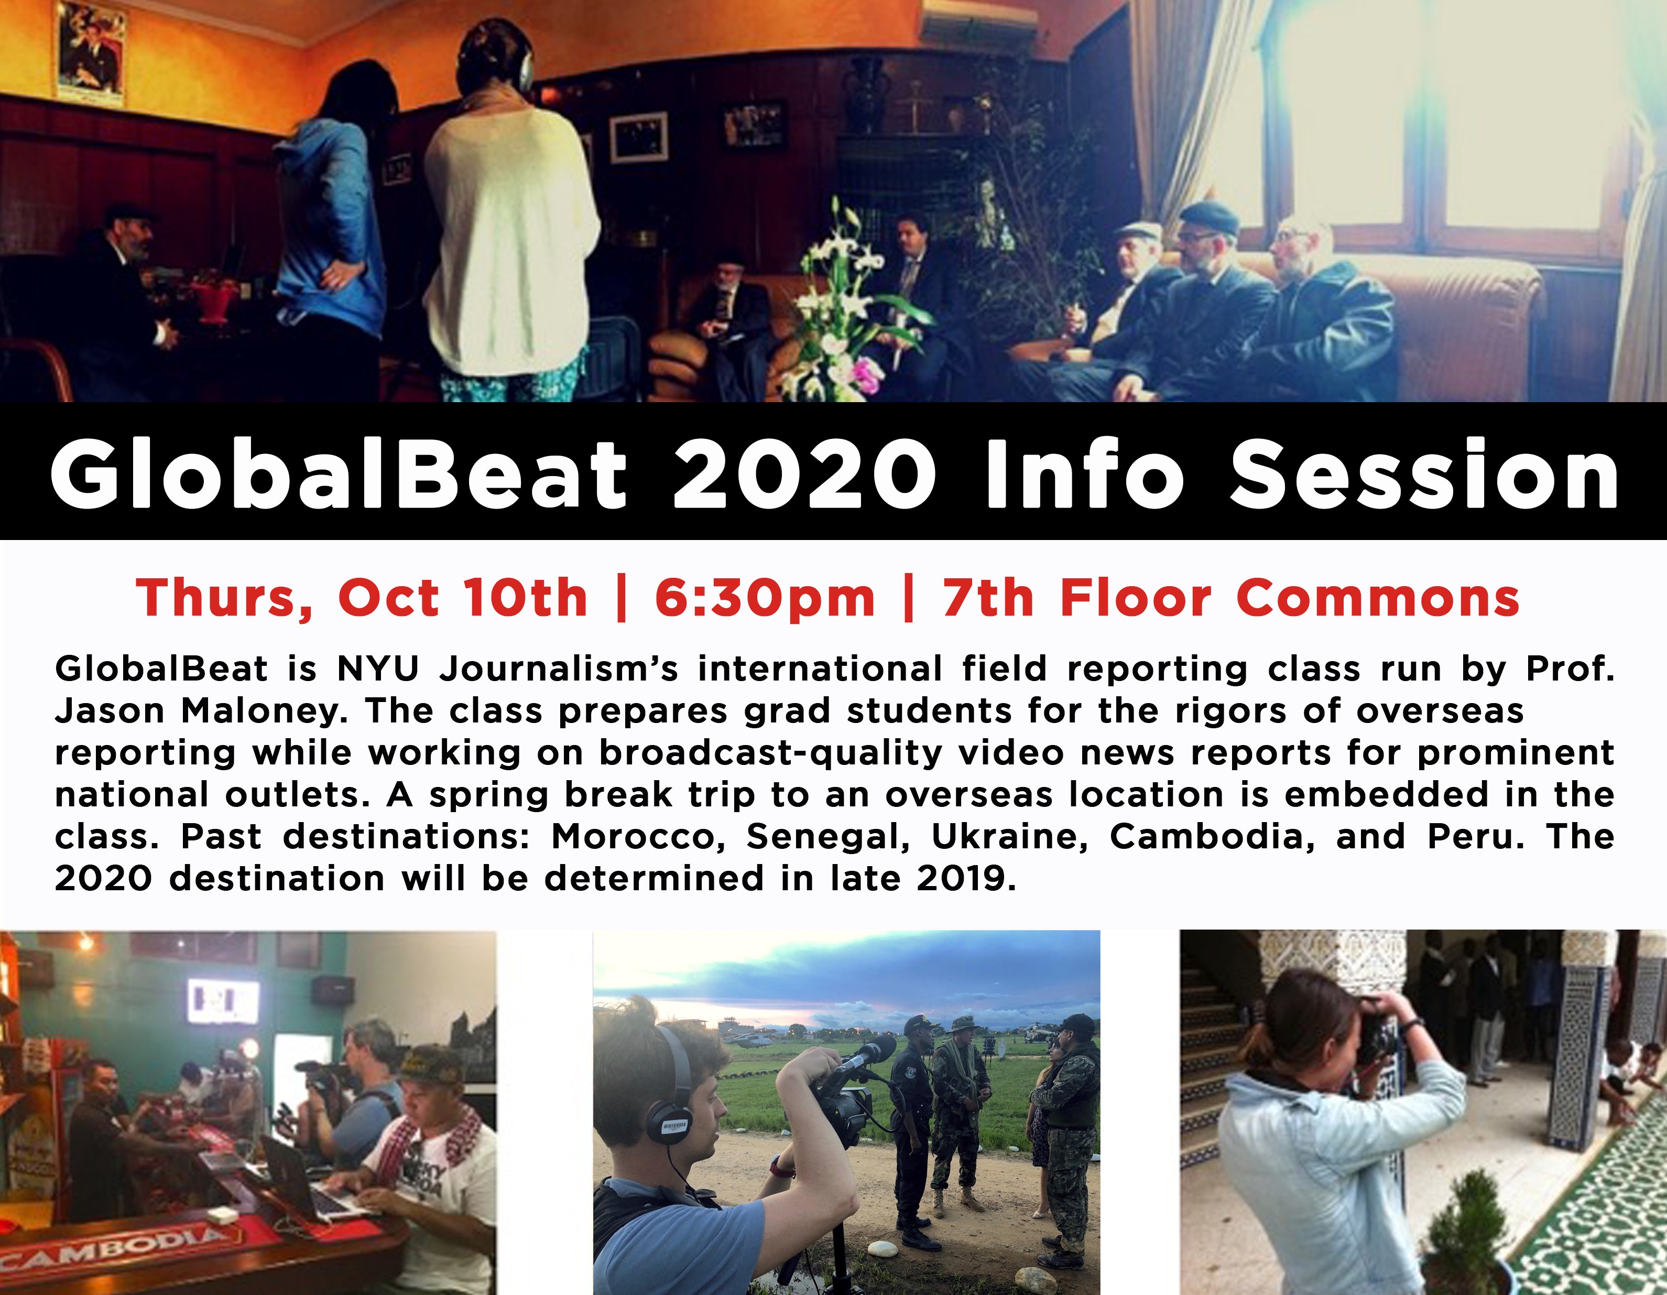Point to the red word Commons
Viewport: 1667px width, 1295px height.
1378,598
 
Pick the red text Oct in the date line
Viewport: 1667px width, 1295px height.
388,597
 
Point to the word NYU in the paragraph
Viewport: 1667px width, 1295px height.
378,669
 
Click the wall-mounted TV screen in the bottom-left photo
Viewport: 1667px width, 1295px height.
223,1001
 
